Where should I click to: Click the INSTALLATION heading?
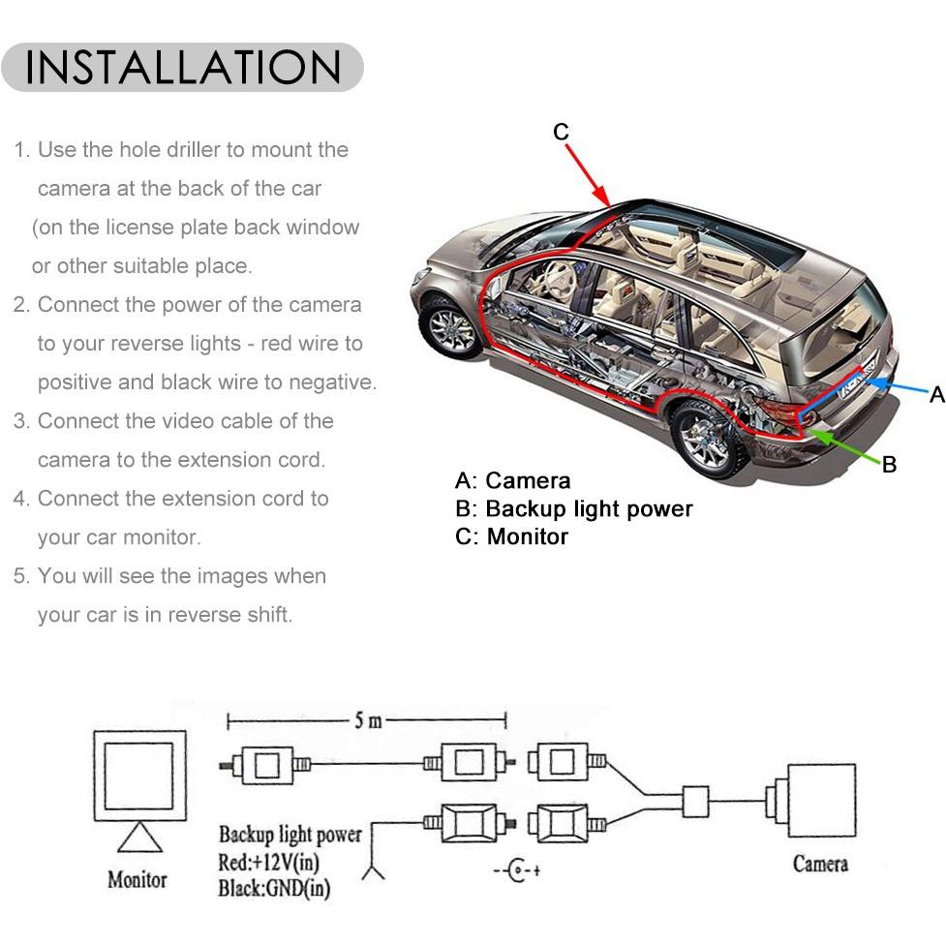point(183,67)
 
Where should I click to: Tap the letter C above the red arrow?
point(561,132)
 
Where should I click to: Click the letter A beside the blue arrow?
point(937,394)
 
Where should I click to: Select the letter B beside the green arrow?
point(889,464)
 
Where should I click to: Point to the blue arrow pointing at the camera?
point(898,386)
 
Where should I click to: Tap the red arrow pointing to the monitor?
point(589,176)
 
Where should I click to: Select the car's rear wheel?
point(707,439)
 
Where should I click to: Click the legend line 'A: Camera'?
point(512,481)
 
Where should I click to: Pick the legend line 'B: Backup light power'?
point(574,509)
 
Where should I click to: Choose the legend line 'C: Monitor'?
point(511,536)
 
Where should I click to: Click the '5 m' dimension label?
point(368,720)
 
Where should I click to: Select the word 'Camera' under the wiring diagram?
point(820,864)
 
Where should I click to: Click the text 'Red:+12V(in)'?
point(268,862)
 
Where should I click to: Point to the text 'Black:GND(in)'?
point(274,889)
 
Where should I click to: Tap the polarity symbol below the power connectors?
point(516,870)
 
